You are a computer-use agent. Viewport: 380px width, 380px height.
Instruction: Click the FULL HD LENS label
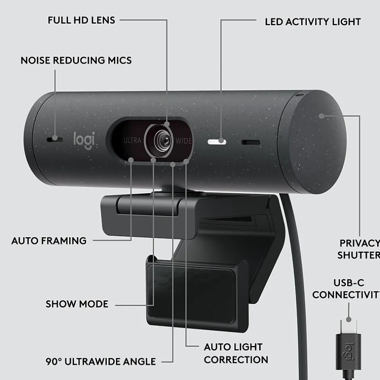coord(81,20)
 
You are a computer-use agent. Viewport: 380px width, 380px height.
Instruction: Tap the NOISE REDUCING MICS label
coord(76,61)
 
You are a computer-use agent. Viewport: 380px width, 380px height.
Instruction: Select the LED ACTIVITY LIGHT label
coord(312,22)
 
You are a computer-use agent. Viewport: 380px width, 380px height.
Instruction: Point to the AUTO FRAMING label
coord(49,241)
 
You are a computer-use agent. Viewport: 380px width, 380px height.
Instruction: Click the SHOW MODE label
coord(77,304)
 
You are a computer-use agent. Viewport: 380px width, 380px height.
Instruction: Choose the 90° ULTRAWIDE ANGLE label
coord(101,361)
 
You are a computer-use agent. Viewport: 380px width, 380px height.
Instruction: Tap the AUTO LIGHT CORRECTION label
coord(236,353)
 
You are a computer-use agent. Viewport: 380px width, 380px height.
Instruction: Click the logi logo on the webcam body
coord(84,139)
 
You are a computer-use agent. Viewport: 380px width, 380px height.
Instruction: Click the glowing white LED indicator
coord(217,142)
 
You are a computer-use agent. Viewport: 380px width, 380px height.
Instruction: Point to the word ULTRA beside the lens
coord(132,141)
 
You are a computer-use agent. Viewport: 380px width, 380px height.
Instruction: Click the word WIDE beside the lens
coord(184,141)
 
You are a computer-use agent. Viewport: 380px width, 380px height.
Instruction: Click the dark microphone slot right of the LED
coord(251,142)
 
